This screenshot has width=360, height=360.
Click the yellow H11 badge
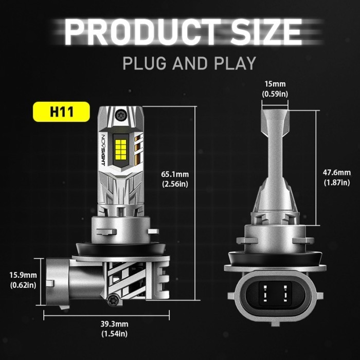coord(61,112)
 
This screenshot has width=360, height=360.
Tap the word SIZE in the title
coord(266,32)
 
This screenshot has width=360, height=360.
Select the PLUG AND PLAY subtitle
coord(189,63)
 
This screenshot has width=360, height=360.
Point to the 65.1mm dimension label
coord(175,174)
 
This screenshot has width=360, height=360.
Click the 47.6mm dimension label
coord(337,172)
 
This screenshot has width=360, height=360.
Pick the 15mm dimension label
coord(275,84)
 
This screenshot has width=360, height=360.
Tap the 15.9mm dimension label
coord(23,275)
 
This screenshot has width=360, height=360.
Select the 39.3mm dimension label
coord(114,324)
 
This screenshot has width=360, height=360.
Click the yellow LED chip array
coord(121,150)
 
